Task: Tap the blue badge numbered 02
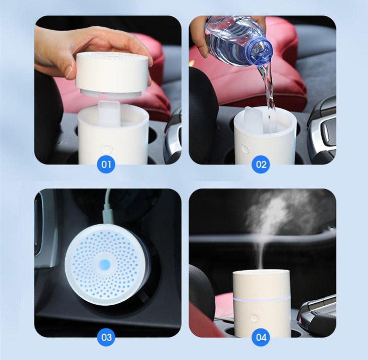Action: click(261, 164)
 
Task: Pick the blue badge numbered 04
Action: click(261, 337)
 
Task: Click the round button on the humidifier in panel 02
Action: click(245, 148)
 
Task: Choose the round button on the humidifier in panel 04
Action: click(255, 318)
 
